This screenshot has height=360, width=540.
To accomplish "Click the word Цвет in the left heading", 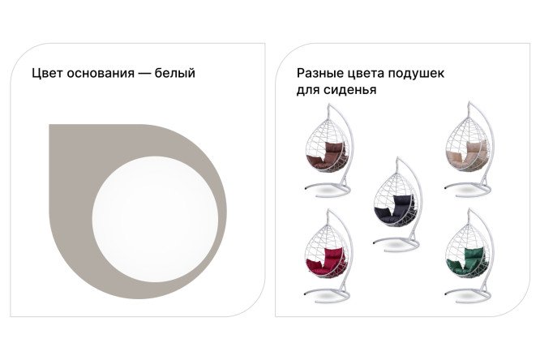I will (x=47, y=73).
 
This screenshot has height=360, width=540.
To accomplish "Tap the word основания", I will (x=101, y=73).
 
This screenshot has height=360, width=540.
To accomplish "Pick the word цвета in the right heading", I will (x=370, y=73).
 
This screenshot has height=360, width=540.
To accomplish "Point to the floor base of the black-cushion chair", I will (x=398, y=240).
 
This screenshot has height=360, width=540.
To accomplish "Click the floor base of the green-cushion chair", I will (x=471, y=294).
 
